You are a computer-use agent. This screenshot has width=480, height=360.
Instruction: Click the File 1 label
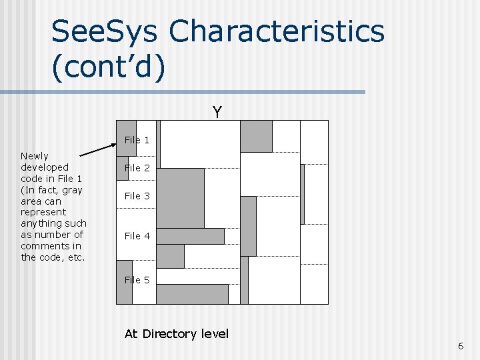[x=137, y=140]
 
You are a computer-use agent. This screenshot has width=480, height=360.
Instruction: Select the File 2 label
[x=137, y=168]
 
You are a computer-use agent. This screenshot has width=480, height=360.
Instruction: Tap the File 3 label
[x=137, y=196]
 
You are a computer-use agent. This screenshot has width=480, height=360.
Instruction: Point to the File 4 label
[x=137, y=236]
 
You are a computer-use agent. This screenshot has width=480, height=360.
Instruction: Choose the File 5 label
[x=137, y=280]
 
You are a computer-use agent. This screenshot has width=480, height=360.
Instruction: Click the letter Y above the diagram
[x=217, y=112]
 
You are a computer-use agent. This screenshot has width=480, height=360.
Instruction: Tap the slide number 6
[x=460, y=345]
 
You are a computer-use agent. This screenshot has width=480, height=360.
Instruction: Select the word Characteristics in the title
[x=277, y=32]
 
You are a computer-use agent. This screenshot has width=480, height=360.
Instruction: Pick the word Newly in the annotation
[x=35, y=156]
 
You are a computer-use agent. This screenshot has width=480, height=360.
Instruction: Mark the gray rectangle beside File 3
[x=180, y=198]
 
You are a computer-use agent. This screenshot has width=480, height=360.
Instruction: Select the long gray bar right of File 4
[x=190, y=236]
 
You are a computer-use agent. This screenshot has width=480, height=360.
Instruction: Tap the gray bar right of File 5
[x=192, y=294]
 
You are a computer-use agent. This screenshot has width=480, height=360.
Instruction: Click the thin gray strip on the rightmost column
[x=302, y=194]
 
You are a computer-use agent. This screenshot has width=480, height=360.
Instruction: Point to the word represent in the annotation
[x=43, y=212]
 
